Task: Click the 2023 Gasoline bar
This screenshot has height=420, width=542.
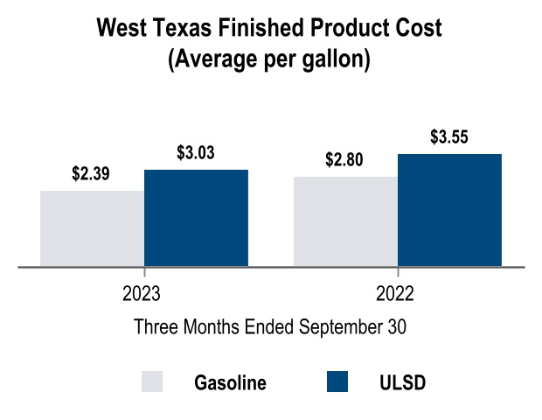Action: tap(92, 228)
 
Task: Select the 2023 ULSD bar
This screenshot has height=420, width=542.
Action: tap(196, 218)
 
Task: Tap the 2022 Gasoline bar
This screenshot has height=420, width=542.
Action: tap(345, 221)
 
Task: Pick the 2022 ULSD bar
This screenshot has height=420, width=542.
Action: tap(449, 210)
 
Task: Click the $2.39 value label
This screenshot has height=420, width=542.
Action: tap(91, 174)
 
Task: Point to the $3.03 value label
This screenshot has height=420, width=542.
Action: tap(196, 153)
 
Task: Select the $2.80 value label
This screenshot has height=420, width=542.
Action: tap(344, 160)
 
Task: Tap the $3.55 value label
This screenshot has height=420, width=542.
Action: tap(449, 137)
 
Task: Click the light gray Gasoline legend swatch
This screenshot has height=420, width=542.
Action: tap(152, 382)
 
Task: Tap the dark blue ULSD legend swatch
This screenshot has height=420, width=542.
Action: tap(337, 382)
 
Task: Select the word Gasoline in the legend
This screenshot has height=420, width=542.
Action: tap(230, 383)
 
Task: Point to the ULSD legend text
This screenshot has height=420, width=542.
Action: tap(403, 383)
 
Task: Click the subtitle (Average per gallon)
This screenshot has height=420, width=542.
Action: tap(270, 61)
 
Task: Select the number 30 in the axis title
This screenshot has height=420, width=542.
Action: tap(397, 327)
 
